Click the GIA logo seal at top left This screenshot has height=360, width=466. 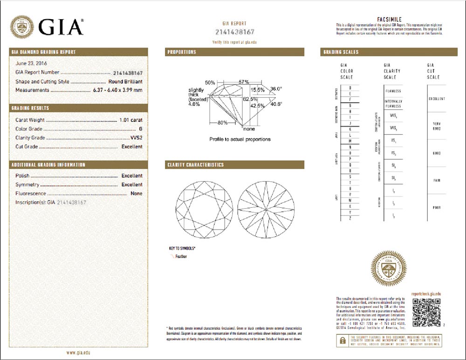click(x=22, y=27)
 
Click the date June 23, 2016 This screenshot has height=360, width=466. click(x=32, y=63)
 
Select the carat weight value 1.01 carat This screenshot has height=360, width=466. click(x=130, y=120)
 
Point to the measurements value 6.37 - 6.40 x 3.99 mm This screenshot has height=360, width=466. click(x=118, y=90)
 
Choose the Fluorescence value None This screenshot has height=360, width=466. click(x=137, y=193)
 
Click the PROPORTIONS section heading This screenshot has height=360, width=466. click(x=182, y=52)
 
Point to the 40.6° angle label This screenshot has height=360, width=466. click(x=277, y=104)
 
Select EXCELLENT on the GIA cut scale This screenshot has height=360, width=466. click(x=437, y=99)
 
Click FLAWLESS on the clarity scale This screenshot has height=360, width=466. click(x=393, y=91)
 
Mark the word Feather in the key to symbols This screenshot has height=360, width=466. click(x=181, y=257)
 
